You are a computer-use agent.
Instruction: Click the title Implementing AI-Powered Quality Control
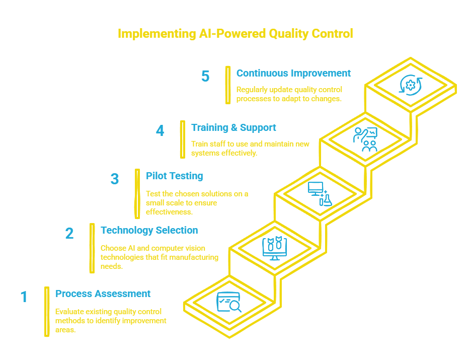tap(235, 34)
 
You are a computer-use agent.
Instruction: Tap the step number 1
tap(24, 297)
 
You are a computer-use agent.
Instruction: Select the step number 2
tap(69, 233)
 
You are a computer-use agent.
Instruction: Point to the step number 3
tap(115, 179)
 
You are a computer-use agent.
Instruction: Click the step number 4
tap(160, 130)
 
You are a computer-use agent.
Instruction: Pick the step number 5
tap(205, 76)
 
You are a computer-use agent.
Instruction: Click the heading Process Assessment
tap(103, 294)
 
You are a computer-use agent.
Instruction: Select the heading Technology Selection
tap(149, 230)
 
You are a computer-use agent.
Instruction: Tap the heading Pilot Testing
tap(174, 176)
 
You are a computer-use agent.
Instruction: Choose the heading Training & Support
tap(233, 127)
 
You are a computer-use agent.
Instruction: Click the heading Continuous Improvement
tap(293, 73)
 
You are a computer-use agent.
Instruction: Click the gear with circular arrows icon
tap(411, 85)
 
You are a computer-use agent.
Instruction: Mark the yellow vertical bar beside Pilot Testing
tap(137, 193)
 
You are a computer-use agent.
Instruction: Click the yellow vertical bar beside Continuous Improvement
tap(228, 85)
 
